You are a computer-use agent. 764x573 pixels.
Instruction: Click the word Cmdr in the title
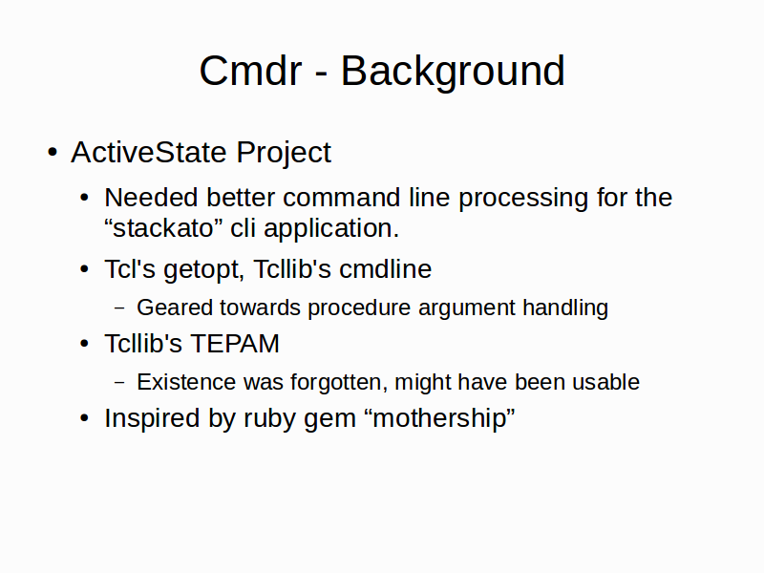250,71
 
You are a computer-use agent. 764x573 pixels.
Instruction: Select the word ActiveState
149,153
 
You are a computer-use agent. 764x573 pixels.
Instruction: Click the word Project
284,154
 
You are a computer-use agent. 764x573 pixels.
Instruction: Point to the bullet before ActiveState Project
53,153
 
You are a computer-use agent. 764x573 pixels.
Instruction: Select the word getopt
203,270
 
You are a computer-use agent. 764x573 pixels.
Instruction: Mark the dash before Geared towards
119,308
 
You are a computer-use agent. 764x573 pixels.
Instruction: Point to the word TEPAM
235,344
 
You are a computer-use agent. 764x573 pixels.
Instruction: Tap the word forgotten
339,383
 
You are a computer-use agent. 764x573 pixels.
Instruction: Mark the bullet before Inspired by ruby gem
84,418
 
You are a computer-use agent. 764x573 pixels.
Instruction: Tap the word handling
565,308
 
